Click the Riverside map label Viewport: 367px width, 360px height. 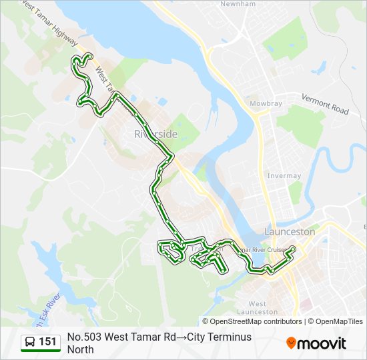pos(155,134)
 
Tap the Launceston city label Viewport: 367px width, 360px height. pos(290,231)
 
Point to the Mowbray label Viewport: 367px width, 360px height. pos(266,104)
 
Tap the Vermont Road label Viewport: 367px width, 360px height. pos(325,104)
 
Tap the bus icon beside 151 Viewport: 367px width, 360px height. pos(30,343)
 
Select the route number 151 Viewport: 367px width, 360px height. pos(47,343)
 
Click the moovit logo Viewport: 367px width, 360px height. pos(316,343)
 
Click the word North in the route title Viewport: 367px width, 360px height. pos(81,349)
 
